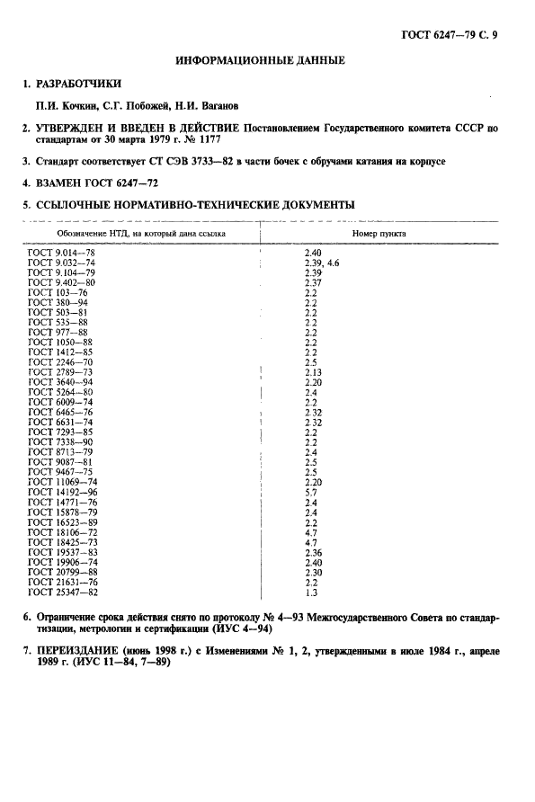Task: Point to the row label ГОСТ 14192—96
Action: [63, 493]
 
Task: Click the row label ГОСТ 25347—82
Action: [63, 593]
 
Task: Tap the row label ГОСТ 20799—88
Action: [63, 573]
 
